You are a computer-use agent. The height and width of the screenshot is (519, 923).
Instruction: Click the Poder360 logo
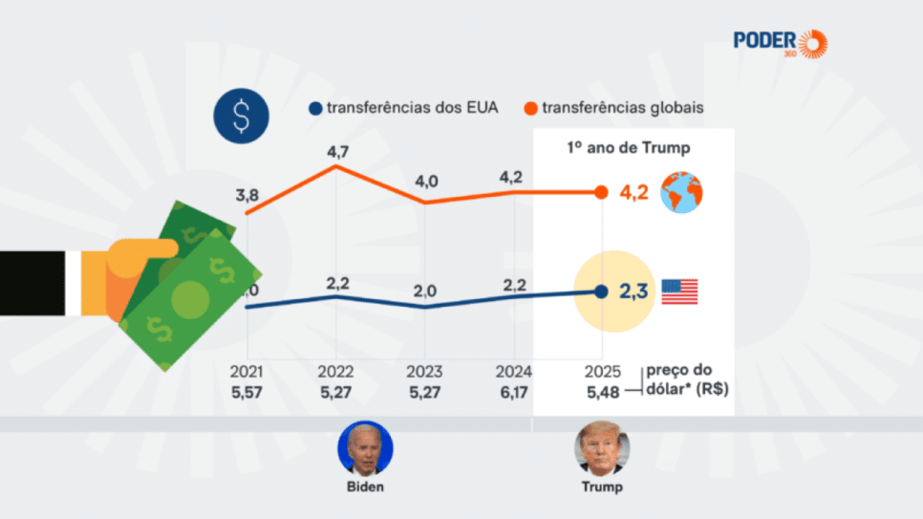pyautogui.click(x=780, y=43)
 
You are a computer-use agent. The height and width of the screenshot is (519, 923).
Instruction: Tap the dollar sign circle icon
pyautogui.click(x=241, y=117)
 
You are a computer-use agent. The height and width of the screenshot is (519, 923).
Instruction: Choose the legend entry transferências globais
pyautogui.click(x=613, y=108)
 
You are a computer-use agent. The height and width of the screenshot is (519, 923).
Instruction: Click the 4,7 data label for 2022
pyautogui.click(x=337, y=151)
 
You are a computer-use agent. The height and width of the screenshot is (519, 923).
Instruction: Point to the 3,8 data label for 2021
pyautogui.click(x=247, y=195)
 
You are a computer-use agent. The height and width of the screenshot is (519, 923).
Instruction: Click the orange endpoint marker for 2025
pyautogui.click(x=601, y=192)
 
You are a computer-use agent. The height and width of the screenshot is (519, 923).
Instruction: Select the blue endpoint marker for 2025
pyautogui.click(x=601, y=292)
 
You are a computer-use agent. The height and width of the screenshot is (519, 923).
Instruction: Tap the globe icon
pyautogui.click(x=681, y=192)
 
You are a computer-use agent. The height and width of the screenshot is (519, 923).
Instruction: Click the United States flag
pyautogui.click(x=679, y=292)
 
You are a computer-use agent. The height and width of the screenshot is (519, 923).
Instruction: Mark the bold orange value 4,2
pyautogui.click(x=635, y=192)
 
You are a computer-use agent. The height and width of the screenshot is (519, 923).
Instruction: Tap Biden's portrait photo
pyautogui.click(x=365, y=447)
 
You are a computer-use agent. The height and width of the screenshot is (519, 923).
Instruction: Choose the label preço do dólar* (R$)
pyautogui.click(x=681, y=379)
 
